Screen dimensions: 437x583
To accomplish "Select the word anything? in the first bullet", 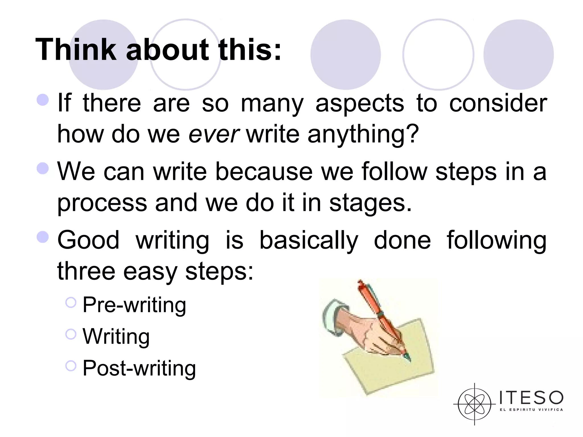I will click(363, 134).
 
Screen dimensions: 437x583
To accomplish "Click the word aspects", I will click(360, 104).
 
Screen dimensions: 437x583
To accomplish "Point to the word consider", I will click(498, 103).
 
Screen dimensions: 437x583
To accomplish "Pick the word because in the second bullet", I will click(264, 172).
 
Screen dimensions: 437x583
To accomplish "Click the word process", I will click(102, 203).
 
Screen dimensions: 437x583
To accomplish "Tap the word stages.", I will click(370, 203).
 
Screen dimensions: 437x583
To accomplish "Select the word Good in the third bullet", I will click(88, 240).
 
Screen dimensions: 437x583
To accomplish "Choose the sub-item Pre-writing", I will click(134, 305).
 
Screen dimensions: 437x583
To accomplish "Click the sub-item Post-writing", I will click(139, 368).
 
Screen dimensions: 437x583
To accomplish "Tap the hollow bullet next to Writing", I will click(71, 334).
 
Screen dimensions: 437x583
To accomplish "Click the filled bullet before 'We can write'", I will click(43, 168).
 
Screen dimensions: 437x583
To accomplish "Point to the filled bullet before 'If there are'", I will click(43, 100).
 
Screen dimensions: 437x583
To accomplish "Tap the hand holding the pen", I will click(370, 336).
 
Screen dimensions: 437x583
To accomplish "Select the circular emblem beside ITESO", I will click(475, 404).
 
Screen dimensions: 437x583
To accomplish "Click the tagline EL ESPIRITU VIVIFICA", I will click(531, 410).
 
